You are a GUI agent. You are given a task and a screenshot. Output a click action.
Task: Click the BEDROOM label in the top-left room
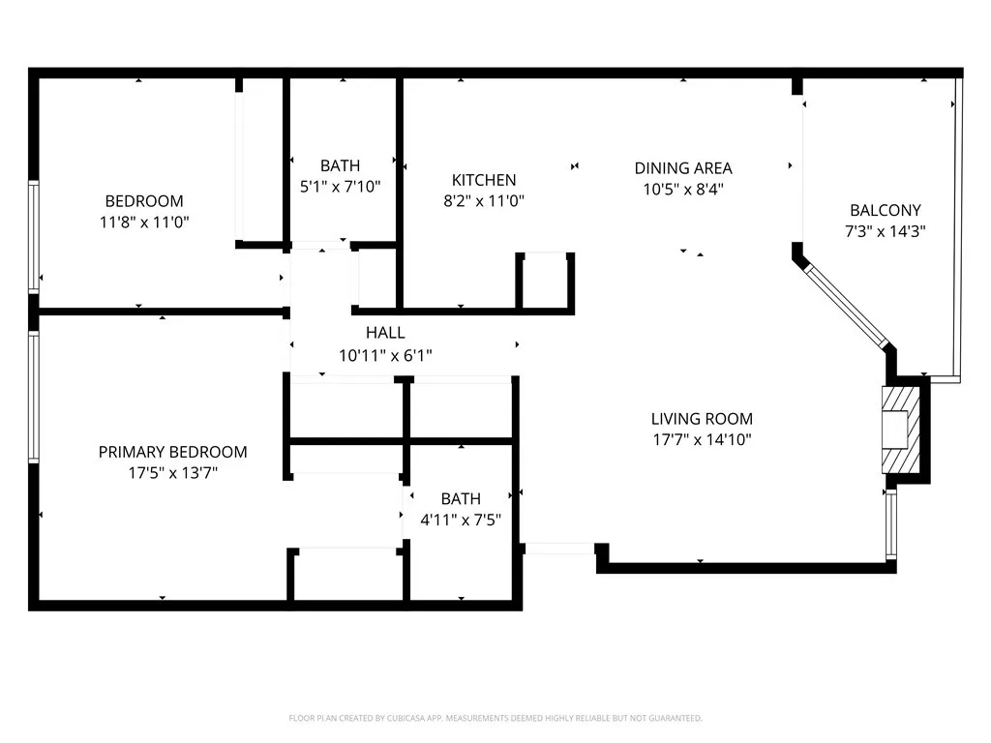[x=144, y=201]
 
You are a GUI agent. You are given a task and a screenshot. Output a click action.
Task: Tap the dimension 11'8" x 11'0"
[x=144, y=222]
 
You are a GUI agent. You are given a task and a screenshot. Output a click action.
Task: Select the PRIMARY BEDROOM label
[x=173, y=452]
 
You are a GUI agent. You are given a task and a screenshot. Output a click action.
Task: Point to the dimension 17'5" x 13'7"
[x=173, y=472]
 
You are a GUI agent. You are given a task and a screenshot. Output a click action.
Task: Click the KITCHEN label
[x=484, y=180]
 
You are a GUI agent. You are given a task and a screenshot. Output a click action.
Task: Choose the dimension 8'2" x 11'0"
[x=484, y=201]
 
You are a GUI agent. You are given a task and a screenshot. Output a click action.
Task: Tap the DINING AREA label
[x=683, y=168]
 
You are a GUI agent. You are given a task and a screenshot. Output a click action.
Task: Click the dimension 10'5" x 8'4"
[x=683, y=190]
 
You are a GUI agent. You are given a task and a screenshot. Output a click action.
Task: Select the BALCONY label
[x=886, y=210]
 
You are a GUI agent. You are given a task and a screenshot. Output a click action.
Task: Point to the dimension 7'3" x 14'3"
[x=886, y=231]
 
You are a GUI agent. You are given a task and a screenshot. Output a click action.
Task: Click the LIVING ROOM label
[x=702, y=419]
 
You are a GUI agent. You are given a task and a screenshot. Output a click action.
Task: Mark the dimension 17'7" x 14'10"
[x=702, y=440]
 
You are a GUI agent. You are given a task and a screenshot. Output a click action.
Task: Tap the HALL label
[x=385, y=333]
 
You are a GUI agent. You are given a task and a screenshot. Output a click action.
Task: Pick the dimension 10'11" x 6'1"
[x=385, y=355]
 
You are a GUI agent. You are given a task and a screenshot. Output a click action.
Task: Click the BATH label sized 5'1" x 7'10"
[x=340, y=166]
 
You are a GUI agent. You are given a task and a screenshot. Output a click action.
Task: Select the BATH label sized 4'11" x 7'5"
[x=461, y=499]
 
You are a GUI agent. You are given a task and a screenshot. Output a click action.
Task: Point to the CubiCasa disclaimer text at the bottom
[x=495, y=718]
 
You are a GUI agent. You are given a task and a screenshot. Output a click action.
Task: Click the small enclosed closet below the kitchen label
[x=546, y=282]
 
